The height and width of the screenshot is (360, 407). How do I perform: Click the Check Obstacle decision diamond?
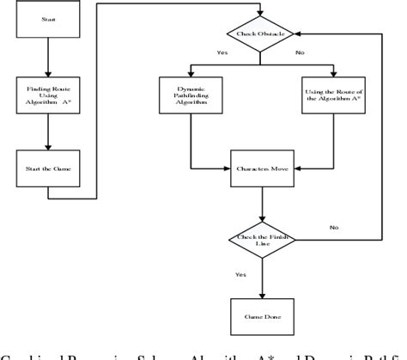coord(263,34)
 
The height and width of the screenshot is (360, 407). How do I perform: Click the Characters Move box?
coord(263,169)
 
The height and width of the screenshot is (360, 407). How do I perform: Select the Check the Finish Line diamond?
coord(263,241)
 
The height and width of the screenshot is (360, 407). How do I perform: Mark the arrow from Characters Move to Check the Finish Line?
coord(263,204)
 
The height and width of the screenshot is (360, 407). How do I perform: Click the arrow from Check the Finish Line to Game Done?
coord(263,276)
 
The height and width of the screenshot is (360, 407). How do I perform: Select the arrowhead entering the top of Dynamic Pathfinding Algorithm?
coord(191,75)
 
